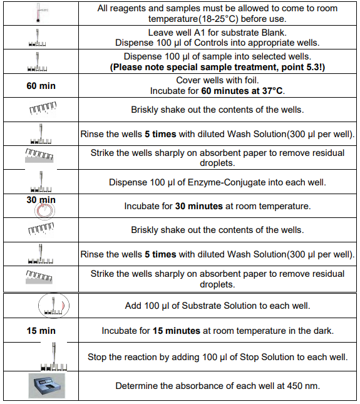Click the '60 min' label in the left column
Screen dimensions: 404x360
pyautogui.click(x=41, y=86)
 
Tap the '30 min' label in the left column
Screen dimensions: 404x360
pyautogui.click(x=41, y=200)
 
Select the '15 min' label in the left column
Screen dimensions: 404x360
pyautogui.click(x=41, y=331)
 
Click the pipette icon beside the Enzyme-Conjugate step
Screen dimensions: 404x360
pyautogui.click(x=41, y=183)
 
